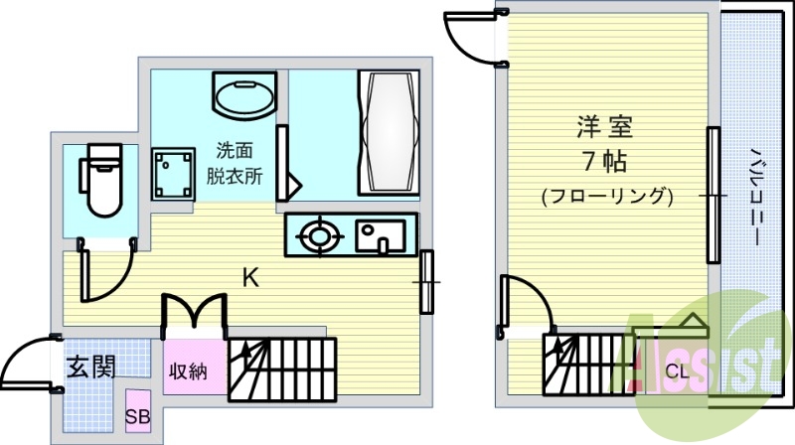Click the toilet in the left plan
click(x=100, y=180)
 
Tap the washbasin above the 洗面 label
click(x=244, y=95)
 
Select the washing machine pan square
click(x=173, y=175)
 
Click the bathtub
click(x=389, y=133)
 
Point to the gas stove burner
click(x=318, y=235)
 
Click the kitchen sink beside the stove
click(x=381, y=235)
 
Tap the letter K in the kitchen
click(x=251, y=278)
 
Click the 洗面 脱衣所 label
click(x=235, y=163)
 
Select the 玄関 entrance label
click(x=91, y=367)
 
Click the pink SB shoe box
click(x=138, y=410)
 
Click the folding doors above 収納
click(x=194, y=315)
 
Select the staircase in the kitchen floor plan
click(x=282, y=370)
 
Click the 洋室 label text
click(x=605, y=127)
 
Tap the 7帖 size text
click(x=605, y=162)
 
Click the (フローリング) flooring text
click(x=607, y=196)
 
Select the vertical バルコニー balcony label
click(x=754, y=197)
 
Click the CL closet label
click(x=678, y=371)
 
